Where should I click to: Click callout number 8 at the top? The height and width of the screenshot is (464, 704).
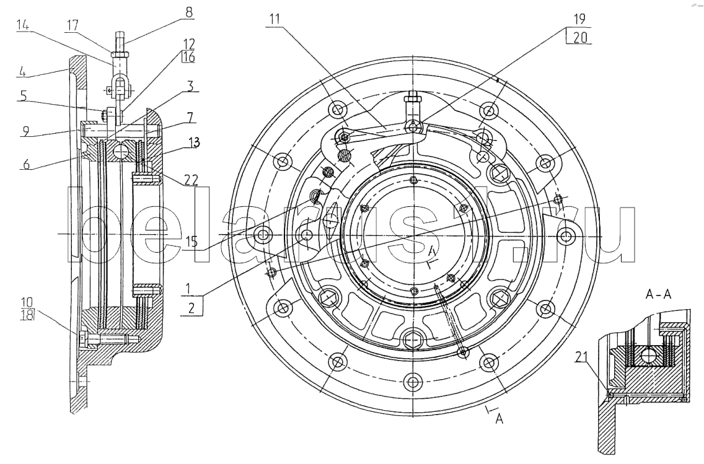(189, 11)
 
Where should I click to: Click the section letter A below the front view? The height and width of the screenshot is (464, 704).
(499, 419)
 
